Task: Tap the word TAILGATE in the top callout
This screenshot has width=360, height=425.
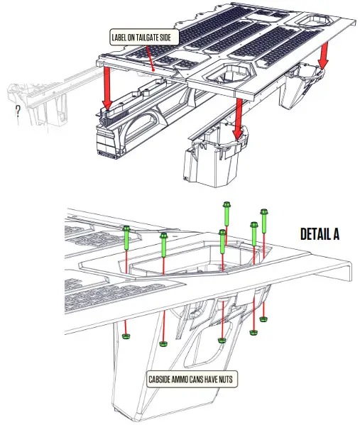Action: (149, 36)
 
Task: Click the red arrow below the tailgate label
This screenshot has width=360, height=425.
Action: (107, 87)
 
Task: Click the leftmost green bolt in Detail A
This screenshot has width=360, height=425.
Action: (126, 236)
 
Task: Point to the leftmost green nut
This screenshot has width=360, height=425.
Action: (126, 336)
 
